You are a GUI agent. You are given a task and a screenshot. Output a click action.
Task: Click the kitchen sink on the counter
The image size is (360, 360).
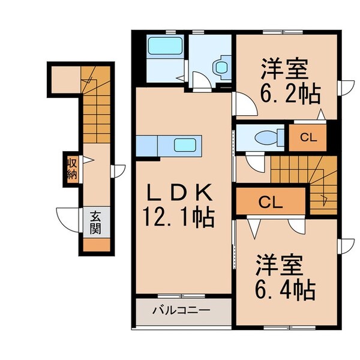pyautogui.click(x=183, y=145)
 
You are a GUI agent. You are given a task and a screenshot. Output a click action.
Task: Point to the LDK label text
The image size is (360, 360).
pyautogui.click(x=180, y=193)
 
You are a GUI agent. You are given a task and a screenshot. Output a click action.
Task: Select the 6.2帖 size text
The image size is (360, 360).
pyautogui.click(x=290, y=94)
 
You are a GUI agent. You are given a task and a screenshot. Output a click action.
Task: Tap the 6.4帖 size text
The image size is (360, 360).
pyautogui.click(x=286, y=290)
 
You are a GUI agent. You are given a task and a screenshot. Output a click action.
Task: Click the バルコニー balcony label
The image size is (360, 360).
pyautogui.click(x=181, y=311)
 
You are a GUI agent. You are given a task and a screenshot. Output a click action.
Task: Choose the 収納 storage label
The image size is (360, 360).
pyautogui.click(x=71, y=169)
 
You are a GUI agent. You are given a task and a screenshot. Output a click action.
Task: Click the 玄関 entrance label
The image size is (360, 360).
pyautogui.click(x=96, y=223)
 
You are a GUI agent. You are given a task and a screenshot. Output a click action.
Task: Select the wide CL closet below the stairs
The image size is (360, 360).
pyautogui.click(x=271, y=202)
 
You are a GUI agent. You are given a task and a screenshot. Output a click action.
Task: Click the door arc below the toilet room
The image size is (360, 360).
pyautogui.click(x=253, y=161)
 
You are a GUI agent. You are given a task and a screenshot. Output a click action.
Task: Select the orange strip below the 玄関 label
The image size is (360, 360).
pyautogui.click(x=96, y=245)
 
